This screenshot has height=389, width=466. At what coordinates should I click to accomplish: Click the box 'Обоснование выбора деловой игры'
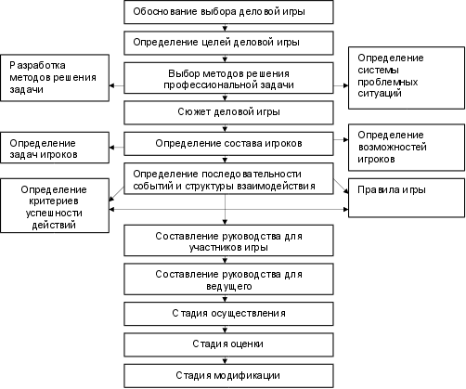click(228, 12)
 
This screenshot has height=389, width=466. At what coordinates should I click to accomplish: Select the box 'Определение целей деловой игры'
click(228, 43)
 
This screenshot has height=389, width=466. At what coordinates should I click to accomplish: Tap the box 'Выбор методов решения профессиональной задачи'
click(228, 78)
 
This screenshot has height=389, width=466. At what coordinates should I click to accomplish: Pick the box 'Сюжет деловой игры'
click(228, 112)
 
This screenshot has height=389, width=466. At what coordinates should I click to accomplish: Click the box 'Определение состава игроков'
click(228, 144)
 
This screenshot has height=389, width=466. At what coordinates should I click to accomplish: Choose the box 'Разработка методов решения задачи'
click(55, 78)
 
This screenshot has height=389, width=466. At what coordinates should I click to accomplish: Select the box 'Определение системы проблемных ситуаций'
click(407, 78)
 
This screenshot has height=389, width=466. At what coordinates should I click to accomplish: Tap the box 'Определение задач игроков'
click(55, 148)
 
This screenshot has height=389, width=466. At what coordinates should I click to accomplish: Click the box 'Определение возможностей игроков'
click(407, 148)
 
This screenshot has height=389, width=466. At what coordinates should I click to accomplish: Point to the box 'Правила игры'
click(407, 198)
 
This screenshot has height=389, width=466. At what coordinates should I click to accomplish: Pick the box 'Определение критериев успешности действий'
click(55, 205)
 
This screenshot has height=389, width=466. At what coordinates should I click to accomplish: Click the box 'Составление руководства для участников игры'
click(228, 240)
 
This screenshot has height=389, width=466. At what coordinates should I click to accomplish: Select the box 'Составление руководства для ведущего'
click(228, 279)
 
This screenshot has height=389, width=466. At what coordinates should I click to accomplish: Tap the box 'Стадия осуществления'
click(228, 314)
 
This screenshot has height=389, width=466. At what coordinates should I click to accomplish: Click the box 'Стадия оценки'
click(228, 344)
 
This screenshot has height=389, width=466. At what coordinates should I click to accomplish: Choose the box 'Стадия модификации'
click(228, 376)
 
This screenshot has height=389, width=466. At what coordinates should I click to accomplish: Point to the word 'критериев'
click(54, 201)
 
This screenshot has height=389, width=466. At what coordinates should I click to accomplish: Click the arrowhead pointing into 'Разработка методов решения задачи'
click(111, 85)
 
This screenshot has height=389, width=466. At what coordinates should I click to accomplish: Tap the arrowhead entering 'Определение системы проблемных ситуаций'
click(346, 85)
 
